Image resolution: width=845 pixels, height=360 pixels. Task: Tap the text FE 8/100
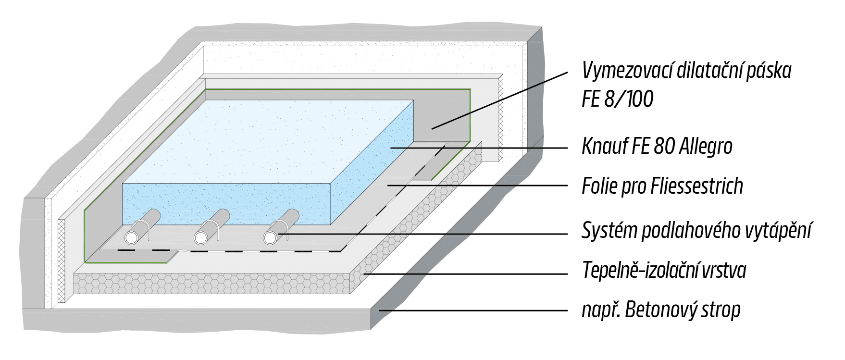(x=618, y=99)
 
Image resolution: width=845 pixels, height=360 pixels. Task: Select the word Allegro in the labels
(x=706, y=146)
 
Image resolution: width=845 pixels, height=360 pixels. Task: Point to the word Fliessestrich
(x=696, y=186)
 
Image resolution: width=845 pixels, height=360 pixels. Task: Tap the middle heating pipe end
(x=201, y=237)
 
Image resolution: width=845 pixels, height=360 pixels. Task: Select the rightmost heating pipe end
(x=270, y=237)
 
